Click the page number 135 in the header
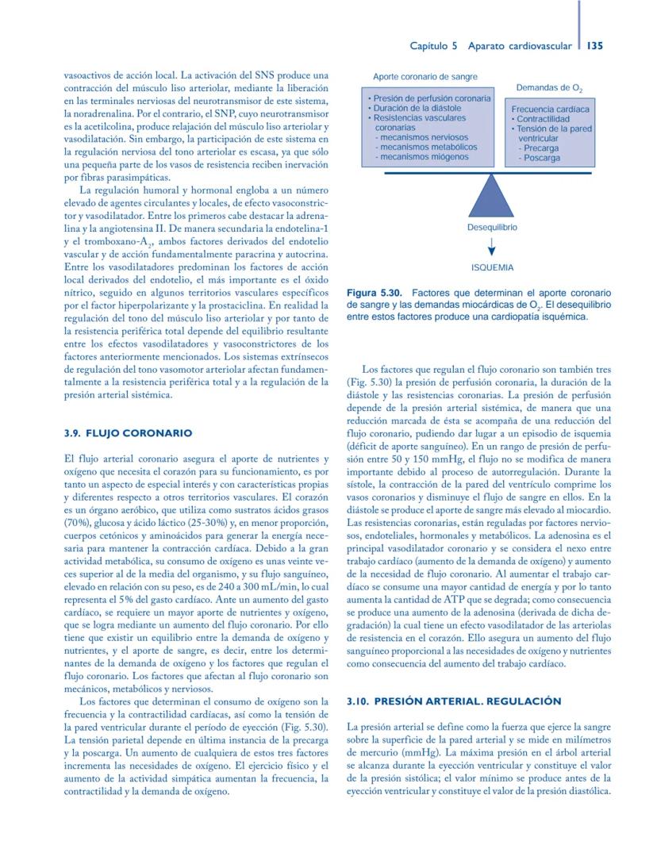pos(594,46)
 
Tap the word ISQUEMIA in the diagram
pos(492,268)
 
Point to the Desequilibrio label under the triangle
pos(492,227)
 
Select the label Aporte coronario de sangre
pos(425,77)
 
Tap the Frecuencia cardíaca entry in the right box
pos(550,109)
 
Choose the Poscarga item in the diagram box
pos(542,158)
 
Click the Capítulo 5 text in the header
pos(433,46)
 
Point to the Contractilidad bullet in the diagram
pos(542,119)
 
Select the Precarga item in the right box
pos(541,148)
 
